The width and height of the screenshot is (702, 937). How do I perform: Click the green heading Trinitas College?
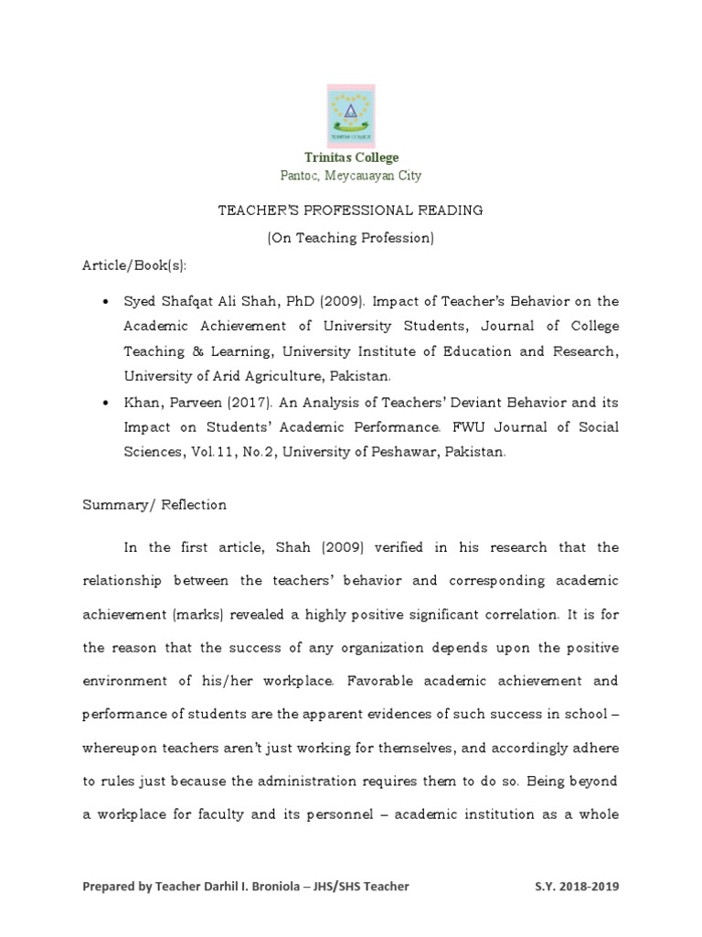click(351, 157)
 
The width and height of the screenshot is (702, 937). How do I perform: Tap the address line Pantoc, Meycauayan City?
click(350, 176)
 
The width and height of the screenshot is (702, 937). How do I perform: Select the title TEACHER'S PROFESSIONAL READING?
click(350, 210)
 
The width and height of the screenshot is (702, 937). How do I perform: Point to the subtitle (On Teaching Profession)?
click(350, 238)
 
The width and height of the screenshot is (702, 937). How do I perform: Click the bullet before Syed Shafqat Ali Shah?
click(108, 302)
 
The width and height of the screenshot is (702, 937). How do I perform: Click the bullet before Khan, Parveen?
click(108, 403)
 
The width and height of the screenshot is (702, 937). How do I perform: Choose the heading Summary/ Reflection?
click(154, 504)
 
